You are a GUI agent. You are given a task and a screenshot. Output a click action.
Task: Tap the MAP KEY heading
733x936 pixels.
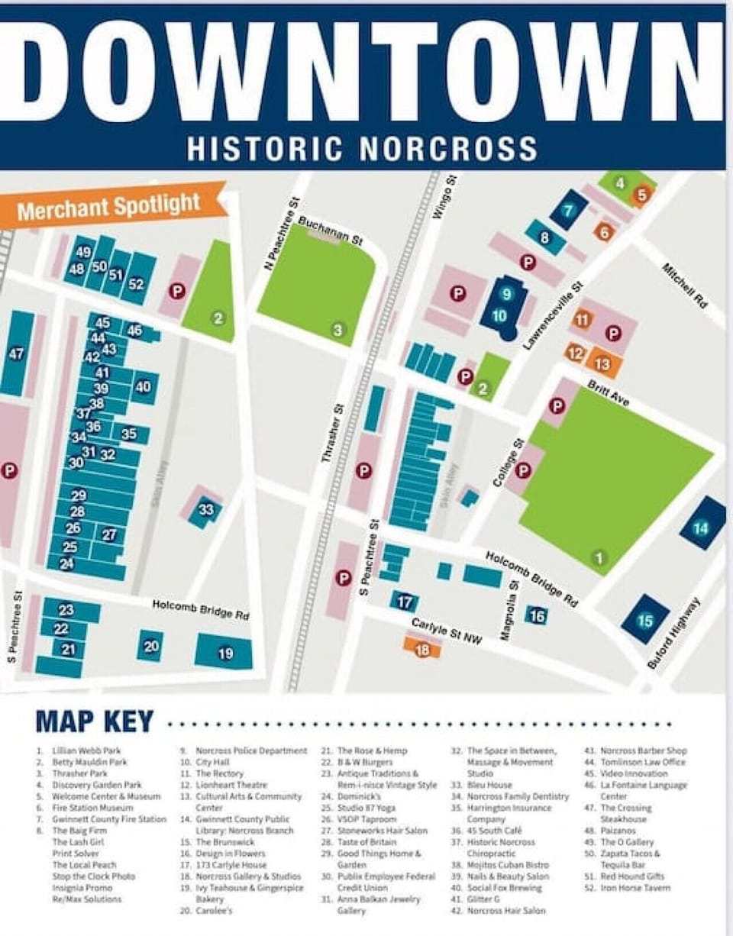tap(95, 721)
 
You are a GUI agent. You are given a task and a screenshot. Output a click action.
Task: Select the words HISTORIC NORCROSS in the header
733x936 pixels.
tap(362, 149)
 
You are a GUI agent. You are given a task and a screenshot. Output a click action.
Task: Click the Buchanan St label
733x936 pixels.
tap(330, 230)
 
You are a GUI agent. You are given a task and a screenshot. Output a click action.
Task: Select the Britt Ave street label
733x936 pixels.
tap(608, 393)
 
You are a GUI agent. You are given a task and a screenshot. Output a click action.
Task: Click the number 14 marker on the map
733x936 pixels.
tap(701, 528)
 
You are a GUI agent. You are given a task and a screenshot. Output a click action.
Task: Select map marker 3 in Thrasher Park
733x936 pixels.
tap(337, 330)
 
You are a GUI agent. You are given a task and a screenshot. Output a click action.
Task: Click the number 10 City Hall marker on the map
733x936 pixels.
tap(499, 315)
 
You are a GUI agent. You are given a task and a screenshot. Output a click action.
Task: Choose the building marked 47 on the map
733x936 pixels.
tap(16, 353)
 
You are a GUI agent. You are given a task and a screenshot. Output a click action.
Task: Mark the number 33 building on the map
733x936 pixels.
tap(205, 510)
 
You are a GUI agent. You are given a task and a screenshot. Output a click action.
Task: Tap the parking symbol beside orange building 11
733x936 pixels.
tap(612, 332)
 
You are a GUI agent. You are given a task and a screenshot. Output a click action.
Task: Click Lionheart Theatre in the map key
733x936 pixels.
tap(231, 785)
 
